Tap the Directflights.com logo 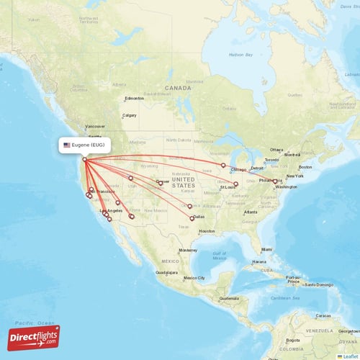[x=34, y=338]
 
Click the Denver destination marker [x=161, y=183]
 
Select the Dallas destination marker [x=192, y=217]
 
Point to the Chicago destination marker [x=223, y=166]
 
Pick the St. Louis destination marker [x=235, y=184]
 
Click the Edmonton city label [x=135, y=99]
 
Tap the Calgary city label [x=130, y=115]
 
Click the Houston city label [x=207, y=231]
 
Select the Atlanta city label [x=251, y=212]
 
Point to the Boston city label [x=305, y=168]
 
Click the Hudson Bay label [x=240, y=55]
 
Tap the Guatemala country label [x=229, y=298]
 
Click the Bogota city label [x=294, y=339]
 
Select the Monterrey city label [x=188, y=249]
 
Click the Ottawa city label [x=278, y=150]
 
